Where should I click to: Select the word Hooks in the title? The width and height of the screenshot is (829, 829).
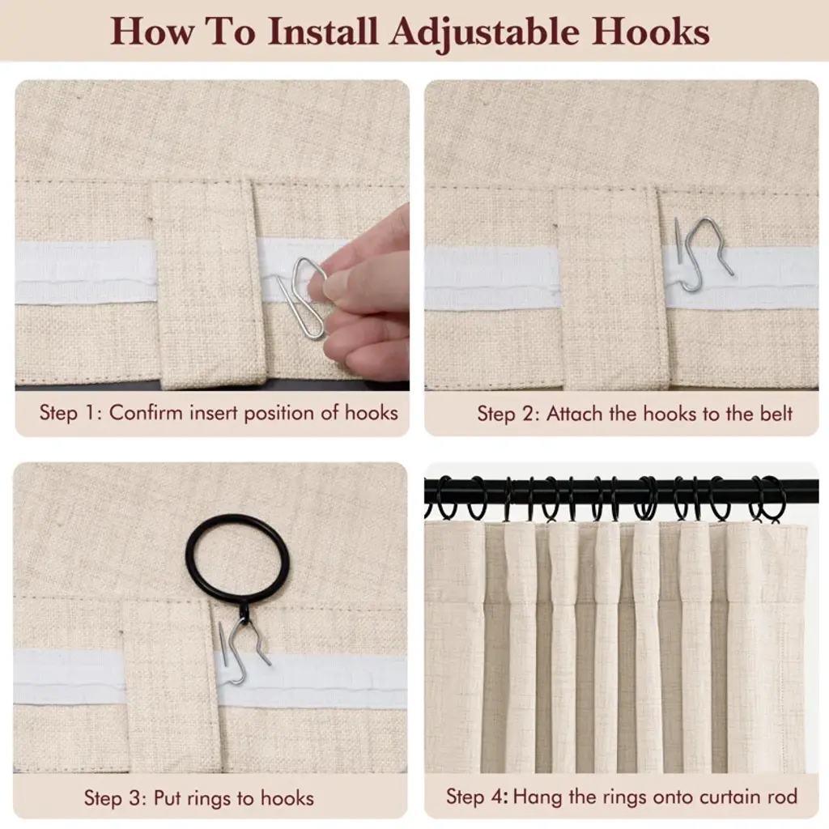coord(650,32)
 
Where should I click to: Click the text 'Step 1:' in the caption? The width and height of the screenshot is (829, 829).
coord(70,412)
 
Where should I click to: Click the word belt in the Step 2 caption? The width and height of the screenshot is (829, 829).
coord(776,414)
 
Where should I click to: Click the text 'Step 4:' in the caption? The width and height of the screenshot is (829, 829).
coord(477,797)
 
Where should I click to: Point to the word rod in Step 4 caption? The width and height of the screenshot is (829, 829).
coord(783,797)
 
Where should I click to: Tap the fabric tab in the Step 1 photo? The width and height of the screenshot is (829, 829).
coord(208,283)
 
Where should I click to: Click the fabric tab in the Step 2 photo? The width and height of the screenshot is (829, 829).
coord(610,288)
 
